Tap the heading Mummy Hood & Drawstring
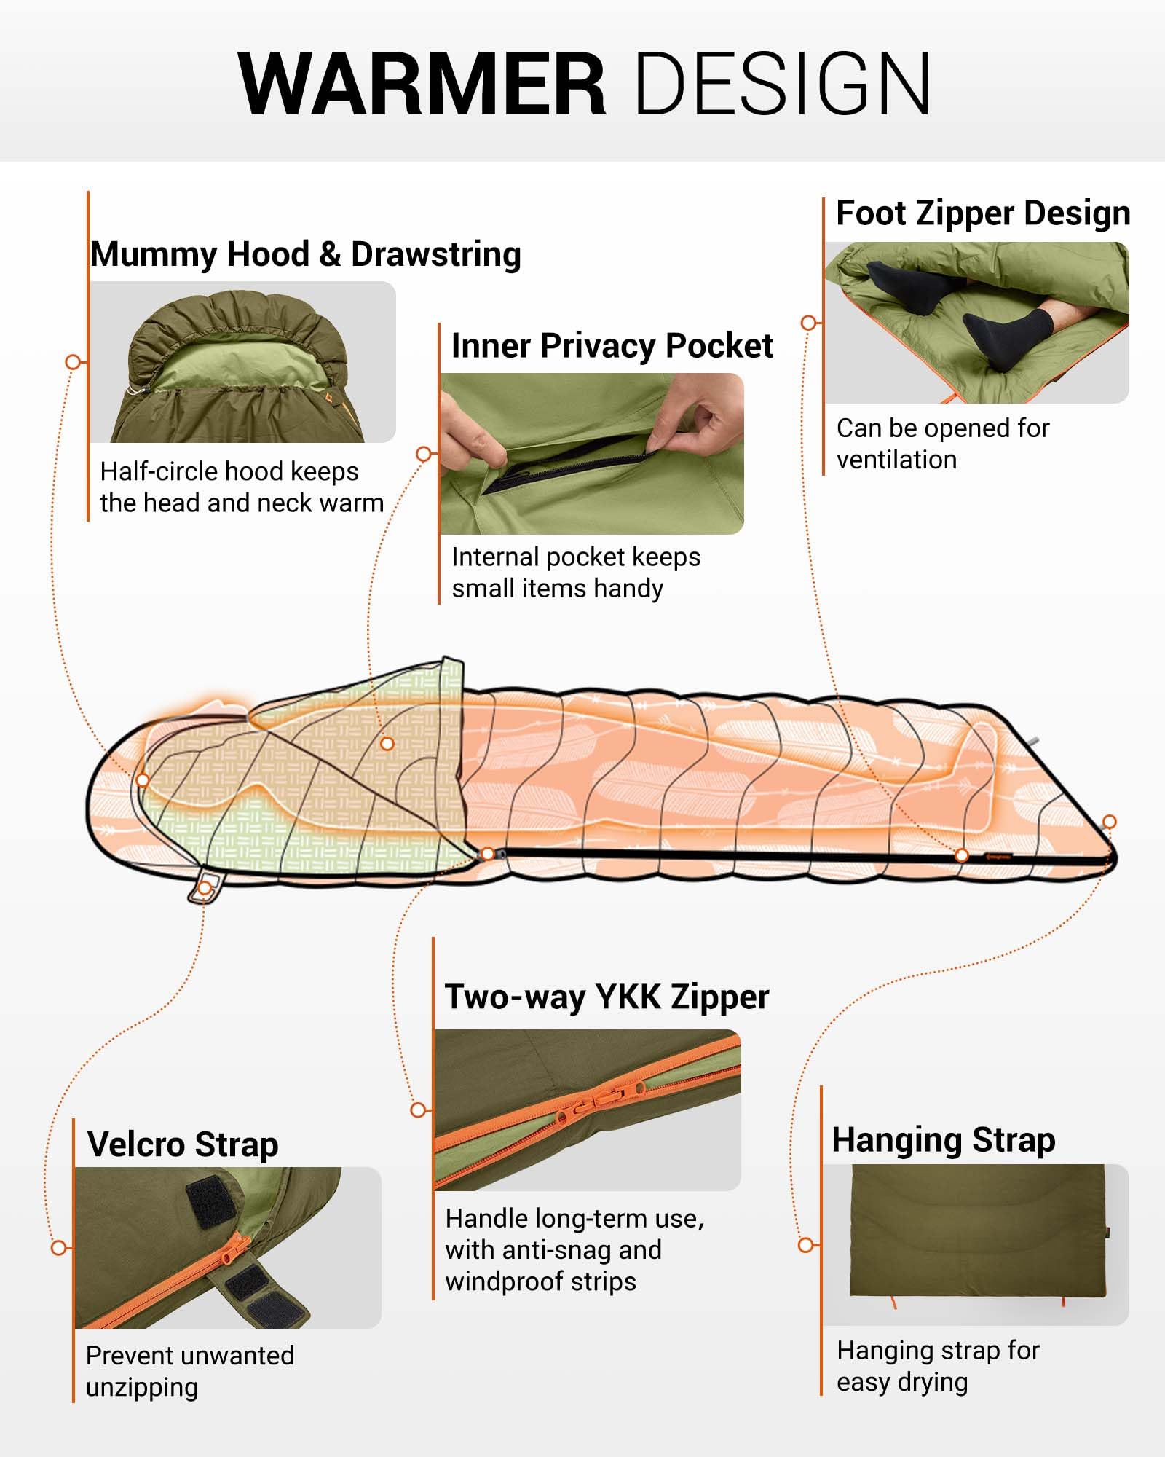coord(306,254)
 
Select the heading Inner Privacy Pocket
coord(612,345)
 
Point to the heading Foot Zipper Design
coord(983,213)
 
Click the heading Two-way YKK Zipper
coord(607,997)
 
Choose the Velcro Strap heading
coord(183,1144)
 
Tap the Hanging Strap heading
coord(944,1139)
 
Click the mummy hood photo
coord(243,362)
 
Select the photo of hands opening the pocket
coord(592,454)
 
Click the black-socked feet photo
coord(977,323)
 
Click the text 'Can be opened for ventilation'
coord(943,444)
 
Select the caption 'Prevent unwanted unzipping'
coord(189,1371)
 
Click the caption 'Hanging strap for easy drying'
coord(938,1366)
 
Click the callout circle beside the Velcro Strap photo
coord(59,1248)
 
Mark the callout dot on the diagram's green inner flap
coord(387,743)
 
